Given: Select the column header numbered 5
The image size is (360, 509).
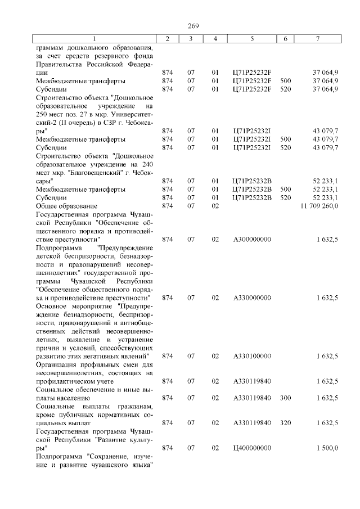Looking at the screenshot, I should pyautogui.click(x=251, y=38).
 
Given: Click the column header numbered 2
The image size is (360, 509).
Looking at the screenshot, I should pyautogui.click(x=167, y=38).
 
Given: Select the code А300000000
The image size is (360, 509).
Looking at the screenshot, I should pyautogui.click(x=251, y=239).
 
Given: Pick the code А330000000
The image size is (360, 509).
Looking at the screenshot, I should pyautogui.click(x=251, y=297).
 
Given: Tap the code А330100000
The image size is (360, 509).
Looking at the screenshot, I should pyautogui.click(x=251, y=356).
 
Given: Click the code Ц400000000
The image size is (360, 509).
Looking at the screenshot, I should pyautogui.click(x=251, y=448).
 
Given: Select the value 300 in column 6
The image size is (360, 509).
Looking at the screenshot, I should pyautogui.click(x=285, y=398).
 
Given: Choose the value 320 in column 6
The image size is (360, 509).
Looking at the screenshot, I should pyautogui.click(x=285, y=422).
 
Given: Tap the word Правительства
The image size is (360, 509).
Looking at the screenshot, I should pyautogui.click(x=60, y=64).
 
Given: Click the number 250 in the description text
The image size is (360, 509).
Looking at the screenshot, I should pyautogui.click(x=43, y=114).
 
